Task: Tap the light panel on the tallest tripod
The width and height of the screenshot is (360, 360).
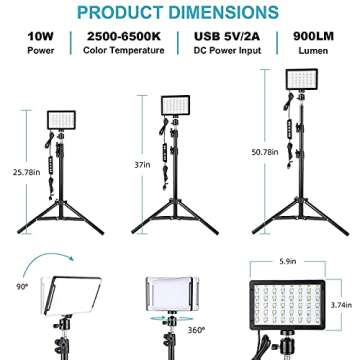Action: click(x=305, y=82)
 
